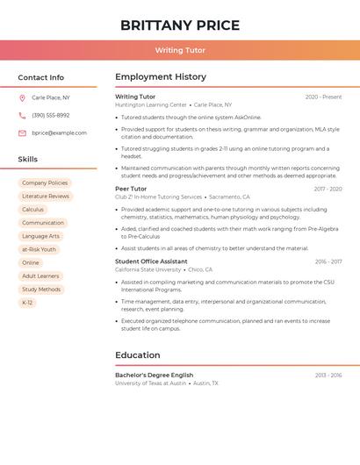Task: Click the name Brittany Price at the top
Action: click(x=180, y=25)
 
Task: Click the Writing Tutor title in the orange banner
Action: click(x=180, y=50)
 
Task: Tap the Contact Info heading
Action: click(x=40, y=77)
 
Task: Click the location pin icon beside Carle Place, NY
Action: click(x=22, y=97)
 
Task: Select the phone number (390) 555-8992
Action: click(x=50, y=115)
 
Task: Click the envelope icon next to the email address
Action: click(x=22, y=133)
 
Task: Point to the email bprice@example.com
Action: click(x=59, y=133)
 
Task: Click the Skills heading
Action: click(x=28, y=160)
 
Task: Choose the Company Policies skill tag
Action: click(x=45, y=183)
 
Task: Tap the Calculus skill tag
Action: click(x=32, y=210)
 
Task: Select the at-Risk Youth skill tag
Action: click(x=39, y=249)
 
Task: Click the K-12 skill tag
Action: click(x=27, y=303)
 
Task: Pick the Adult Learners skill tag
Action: click(x=40, y=275)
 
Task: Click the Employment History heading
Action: click(x=161, y=77)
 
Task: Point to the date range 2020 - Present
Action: click(x=323, y=97)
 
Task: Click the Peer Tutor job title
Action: click(x=131, y=189)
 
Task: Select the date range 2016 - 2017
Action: click(x=328, y=261)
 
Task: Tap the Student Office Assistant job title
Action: click(x=151, y=261)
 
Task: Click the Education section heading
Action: click(x=138, y=355)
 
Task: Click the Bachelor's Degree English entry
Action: click(x=154, y=375)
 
